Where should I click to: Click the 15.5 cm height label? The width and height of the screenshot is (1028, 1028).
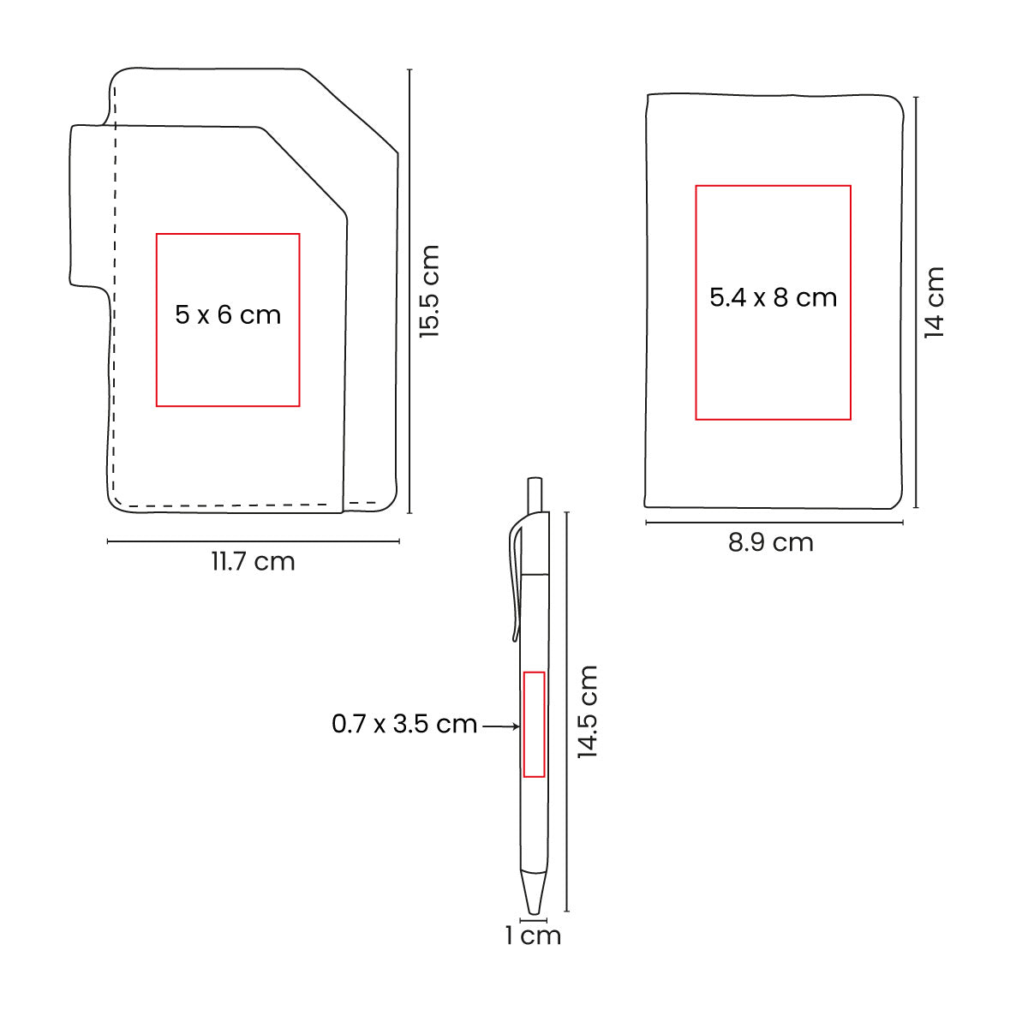429,291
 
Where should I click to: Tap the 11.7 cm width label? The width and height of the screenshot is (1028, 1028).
253,562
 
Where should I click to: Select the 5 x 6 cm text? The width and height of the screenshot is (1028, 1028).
228,314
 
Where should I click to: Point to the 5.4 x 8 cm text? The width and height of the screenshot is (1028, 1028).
773,297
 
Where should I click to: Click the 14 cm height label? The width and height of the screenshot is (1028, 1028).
934,302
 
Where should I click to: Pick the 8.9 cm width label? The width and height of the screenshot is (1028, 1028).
771,542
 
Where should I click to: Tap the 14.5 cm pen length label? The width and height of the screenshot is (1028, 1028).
588,712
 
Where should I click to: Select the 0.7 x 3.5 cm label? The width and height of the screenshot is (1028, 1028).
404,724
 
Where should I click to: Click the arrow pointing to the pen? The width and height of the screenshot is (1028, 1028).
501,726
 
